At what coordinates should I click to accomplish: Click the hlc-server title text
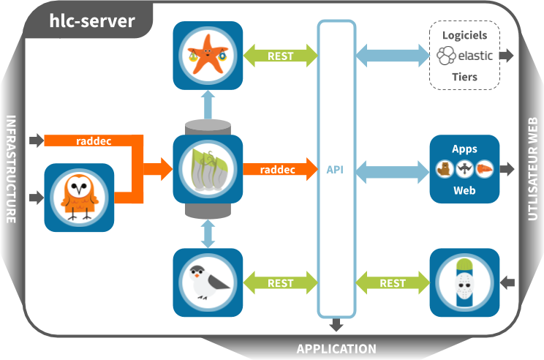[x=91, y=20]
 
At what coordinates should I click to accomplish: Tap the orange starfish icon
[x=208, y=56]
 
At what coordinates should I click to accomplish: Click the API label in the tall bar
[x=336, y=170]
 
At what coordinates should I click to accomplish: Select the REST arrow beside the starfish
[x=281, y=55]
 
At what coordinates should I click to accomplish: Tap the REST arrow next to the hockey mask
[x=393, y=283]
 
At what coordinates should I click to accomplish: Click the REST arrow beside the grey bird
[x=281, y=283]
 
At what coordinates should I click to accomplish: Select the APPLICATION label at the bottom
[x=336, y=349]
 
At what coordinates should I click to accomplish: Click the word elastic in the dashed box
[x=475, y=56]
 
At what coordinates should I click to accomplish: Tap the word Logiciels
[x=465, y=34]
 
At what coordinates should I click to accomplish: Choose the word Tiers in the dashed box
[x=465, y=76]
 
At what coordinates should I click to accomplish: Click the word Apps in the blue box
[x=464, y=149]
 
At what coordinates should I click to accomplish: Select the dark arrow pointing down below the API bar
[x=336, y=325]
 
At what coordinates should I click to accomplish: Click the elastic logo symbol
[x=445, y=56]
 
